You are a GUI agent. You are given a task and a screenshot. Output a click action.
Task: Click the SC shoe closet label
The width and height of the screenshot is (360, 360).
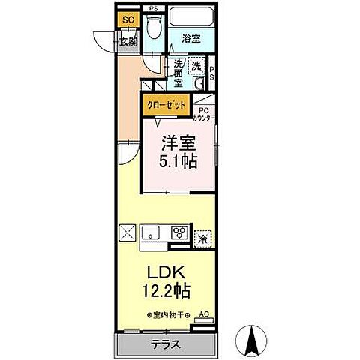pos(127,19)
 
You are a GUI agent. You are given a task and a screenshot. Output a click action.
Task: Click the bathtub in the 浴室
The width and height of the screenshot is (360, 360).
pos(193,17)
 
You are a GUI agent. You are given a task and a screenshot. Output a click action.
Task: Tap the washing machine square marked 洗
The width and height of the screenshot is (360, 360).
pos(196,66)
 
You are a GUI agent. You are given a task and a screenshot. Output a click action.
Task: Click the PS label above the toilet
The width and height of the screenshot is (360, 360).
pos(154,8)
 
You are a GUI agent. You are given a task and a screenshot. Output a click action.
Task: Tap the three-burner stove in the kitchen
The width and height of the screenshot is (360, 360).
pos(180,232)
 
